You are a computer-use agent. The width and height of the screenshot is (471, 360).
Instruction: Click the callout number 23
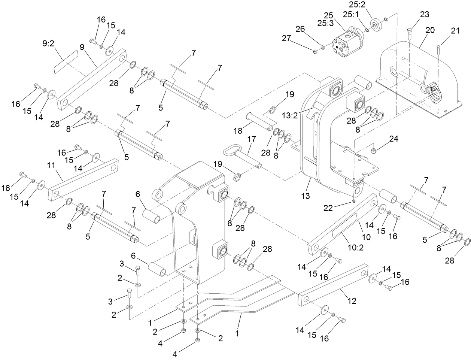[424, 15]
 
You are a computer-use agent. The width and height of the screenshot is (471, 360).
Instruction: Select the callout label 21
[455, 31]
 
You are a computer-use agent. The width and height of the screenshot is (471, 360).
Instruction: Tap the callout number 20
[429, 30]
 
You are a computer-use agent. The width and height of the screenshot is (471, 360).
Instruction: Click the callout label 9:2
[49, 44]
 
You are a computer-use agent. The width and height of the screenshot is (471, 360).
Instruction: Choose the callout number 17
[251, 139]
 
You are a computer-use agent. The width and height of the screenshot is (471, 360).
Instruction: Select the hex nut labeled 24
[373, 151]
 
